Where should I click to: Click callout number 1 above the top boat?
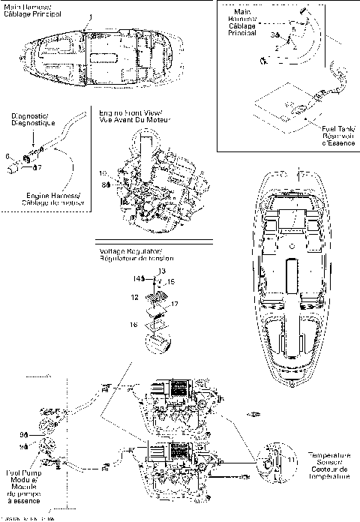pos(91,16)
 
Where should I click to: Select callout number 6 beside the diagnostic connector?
pos(7,155)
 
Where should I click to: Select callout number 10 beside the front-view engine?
pos(103,174)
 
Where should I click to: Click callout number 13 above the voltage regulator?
pos(161,269)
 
